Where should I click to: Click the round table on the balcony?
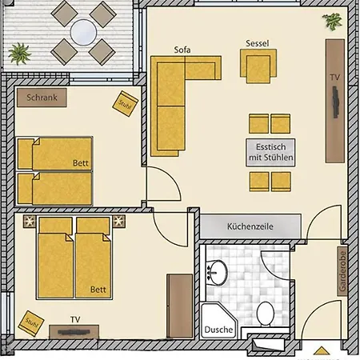(x=82, y=32)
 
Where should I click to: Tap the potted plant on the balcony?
(x=18, y=54)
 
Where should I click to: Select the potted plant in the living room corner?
(x=330, y=22)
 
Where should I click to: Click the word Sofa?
(x=182, y=50)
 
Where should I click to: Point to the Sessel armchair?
(x=259, y=64)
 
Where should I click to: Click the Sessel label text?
(x=258, y=43)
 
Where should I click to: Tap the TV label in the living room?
(x=334, y=78)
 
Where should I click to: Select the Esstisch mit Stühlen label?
(x=270, y=153)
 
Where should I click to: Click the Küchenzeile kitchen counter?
(x=250, y=226)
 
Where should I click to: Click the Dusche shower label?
(x=218, y=330)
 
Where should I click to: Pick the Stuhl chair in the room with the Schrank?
(x=125, y=105)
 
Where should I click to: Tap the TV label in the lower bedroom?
(x=74, y=319)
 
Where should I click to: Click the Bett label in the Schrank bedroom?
(x=80, y=162)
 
